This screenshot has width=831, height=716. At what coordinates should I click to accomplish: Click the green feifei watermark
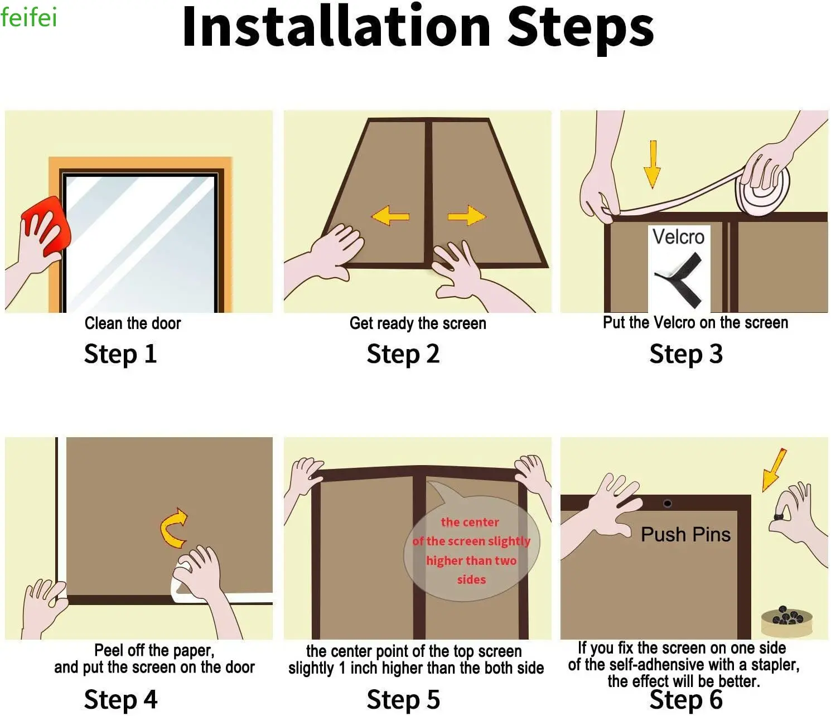click(28, 17)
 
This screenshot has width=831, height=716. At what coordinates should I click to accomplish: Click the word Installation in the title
click(336, 27)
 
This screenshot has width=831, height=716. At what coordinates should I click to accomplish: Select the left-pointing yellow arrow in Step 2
click(390, 215)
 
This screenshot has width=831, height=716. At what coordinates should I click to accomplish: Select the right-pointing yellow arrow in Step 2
click(467, 215)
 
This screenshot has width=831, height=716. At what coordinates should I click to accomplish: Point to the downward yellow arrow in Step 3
click(653, 165)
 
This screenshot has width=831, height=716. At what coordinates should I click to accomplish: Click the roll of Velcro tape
click(762, 186)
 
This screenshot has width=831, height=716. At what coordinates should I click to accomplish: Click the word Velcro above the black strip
click(678, 236)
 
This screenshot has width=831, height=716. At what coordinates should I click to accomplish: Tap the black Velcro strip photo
click(679, 279)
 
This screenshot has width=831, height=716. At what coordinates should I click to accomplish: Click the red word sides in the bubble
click(471, 579)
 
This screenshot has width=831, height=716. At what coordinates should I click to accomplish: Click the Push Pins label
click(685, 534)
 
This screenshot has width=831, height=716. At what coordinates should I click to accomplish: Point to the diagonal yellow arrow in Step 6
click(774, 470)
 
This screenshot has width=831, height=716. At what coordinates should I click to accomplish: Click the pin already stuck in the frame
click(668, 503)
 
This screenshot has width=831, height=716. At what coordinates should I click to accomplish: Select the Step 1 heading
click(120, 354)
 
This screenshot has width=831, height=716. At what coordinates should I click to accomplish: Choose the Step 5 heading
click(403, 699)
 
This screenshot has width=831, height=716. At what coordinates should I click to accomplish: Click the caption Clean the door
click(133, 323)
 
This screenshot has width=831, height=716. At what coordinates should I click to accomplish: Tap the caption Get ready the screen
click(418, 323)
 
